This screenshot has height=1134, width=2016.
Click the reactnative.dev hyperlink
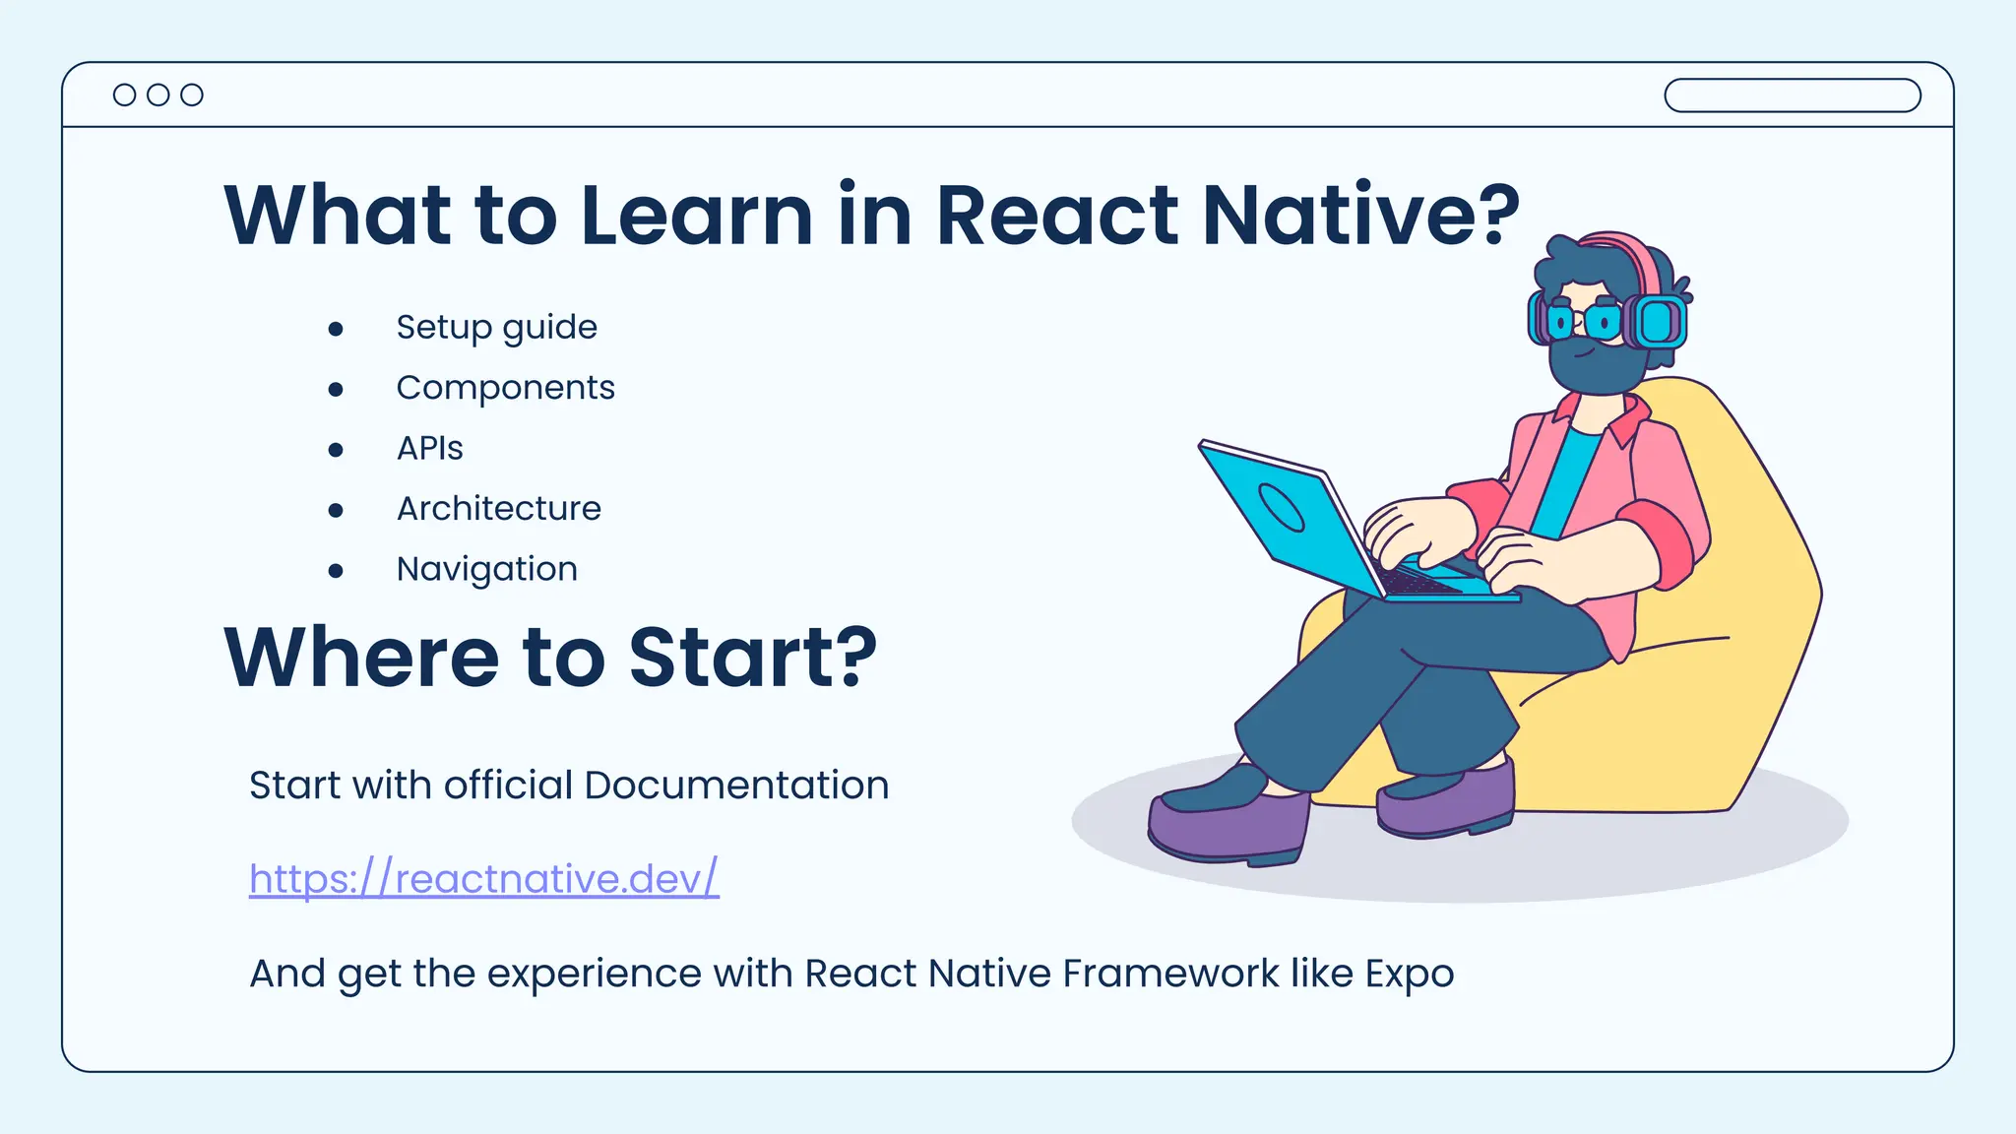[x=483, y=878]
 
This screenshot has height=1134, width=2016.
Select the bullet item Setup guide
[x=496, y=327]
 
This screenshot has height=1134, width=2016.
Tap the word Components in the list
[x=505, y=388]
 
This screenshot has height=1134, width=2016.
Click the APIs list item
[x=429, y=449]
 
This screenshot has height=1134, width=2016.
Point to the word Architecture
[x=498, y=509]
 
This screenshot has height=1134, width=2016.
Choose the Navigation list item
[x=486, y=569]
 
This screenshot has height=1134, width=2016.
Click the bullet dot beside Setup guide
[x=336, y=329]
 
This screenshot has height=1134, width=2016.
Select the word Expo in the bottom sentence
[x=1409, y=974]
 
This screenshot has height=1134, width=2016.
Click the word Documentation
[x=736, y=786]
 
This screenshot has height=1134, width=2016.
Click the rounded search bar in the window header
[x=1792, y=95]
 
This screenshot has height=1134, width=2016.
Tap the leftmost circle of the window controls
[x=125, y=94]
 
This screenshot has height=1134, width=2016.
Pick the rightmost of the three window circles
[x=192, y=94]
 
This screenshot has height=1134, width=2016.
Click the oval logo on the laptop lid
[x=1282, y=508]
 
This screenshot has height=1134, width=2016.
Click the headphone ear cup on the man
[x=1658, y=321]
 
